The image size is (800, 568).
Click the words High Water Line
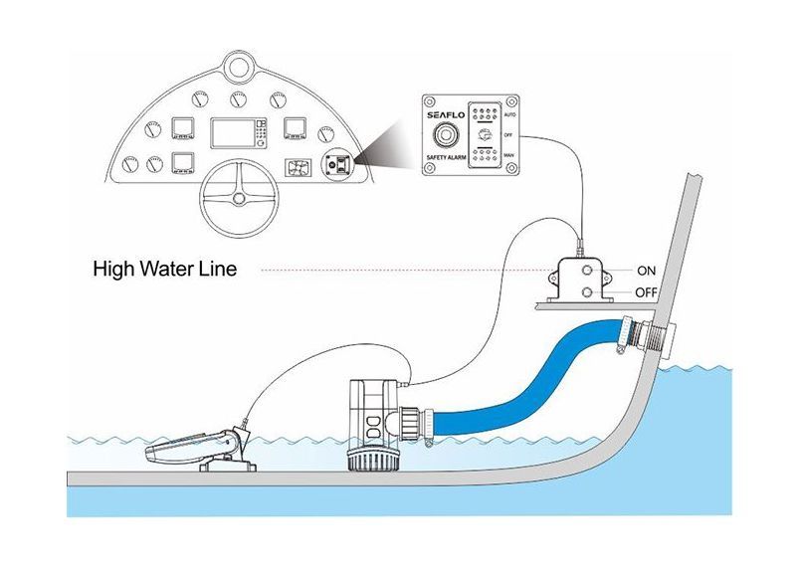(164, 269)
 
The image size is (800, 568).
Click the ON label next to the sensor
(647, 270)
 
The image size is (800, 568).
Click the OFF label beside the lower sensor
(647, 292)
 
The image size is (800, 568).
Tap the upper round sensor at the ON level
(593, 270)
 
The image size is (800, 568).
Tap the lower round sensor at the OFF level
(593, 291)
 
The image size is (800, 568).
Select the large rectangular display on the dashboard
(237, 135)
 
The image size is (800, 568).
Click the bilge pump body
(371, 413)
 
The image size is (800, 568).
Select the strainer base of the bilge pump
(371, 461)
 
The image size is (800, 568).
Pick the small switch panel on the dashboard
(336, 163)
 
